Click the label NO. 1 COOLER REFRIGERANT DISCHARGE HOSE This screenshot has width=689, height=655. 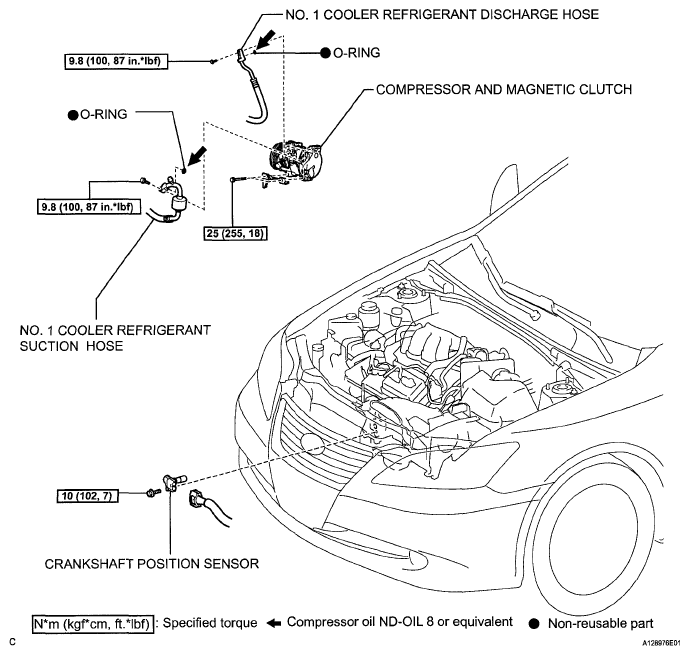coord(442,14)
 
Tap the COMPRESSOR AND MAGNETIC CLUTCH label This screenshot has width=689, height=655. coord(504,90)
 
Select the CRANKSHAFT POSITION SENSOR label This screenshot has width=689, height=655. coord(152,564)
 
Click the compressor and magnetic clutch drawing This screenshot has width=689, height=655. coord(293,160)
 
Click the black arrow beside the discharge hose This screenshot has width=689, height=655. coord(266,39)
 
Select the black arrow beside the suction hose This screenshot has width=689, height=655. coord(197,156)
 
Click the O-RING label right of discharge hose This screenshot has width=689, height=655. coord(356,53)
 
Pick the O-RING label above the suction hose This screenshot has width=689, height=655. coord(103,114)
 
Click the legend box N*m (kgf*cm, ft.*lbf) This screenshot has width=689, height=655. coord(93,624)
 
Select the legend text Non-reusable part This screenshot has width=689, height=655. coord(600,623)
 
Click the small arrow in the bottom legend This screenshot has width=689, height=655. coord(274,623)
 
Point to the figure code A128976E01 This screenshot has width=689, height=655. coord(662,643)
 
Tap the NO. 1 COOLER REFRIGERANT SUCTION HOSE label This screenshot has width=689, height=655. coord(115,338)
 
